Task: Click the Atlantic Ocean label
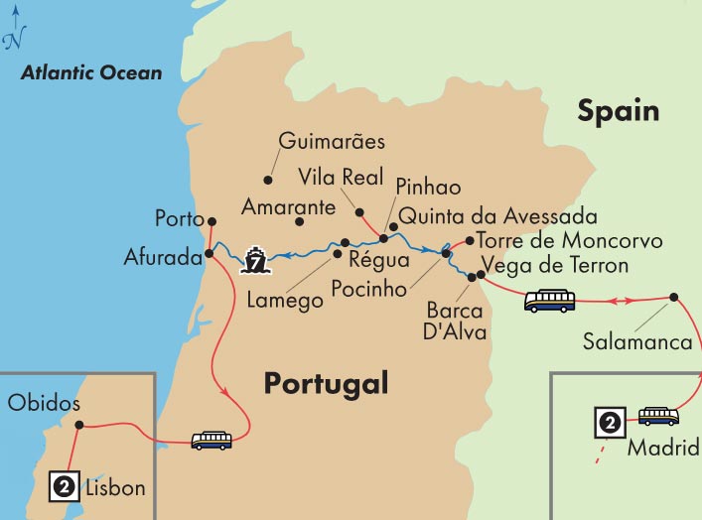[x=92, y=73]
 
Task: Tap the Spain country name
[x=619, y=110]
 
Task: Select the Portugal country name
[x=326, y=383]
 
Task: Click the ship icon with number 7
[x=255, y=261]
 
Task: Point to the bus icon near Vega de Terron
[x=549, y=300]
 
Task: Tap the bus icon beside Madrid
[x=658, y=416]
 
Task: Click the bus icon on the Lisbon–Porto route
[x=211, y=439]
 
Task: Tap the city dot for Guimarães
[x=267, y=180]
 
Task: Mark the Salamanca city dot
[x=673, y=297]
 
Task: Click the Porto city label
[x=179, y=218]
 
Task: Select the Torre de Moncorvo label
[x=569, y=241]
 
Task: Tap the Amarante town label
[x=288, y=208]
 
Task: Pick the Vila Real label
[x=340, y=177]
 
